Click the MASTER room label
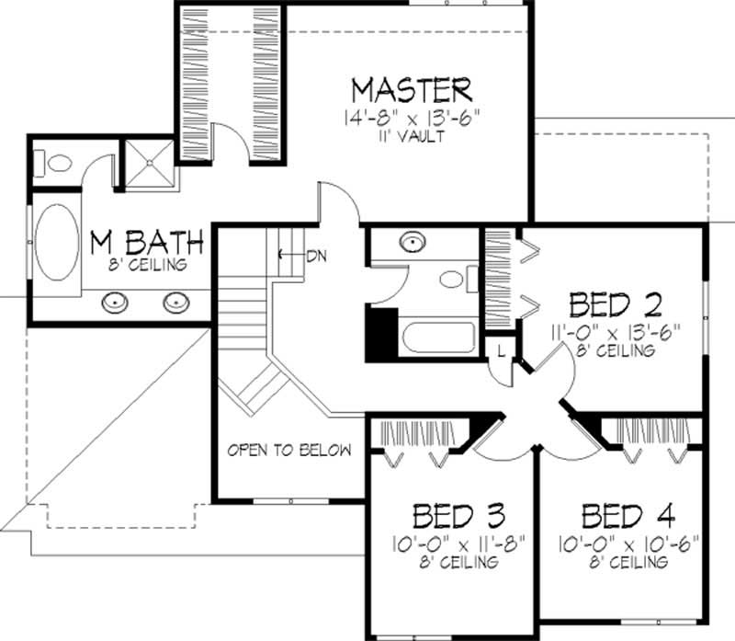[x=413, y=90]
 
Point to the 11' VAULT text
[x=413, y=137]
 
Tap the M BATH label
[x=146, y=243]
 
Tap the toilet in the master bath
[x=54, y=164]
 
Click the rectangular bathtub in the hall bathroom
[x=439, y=338]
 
